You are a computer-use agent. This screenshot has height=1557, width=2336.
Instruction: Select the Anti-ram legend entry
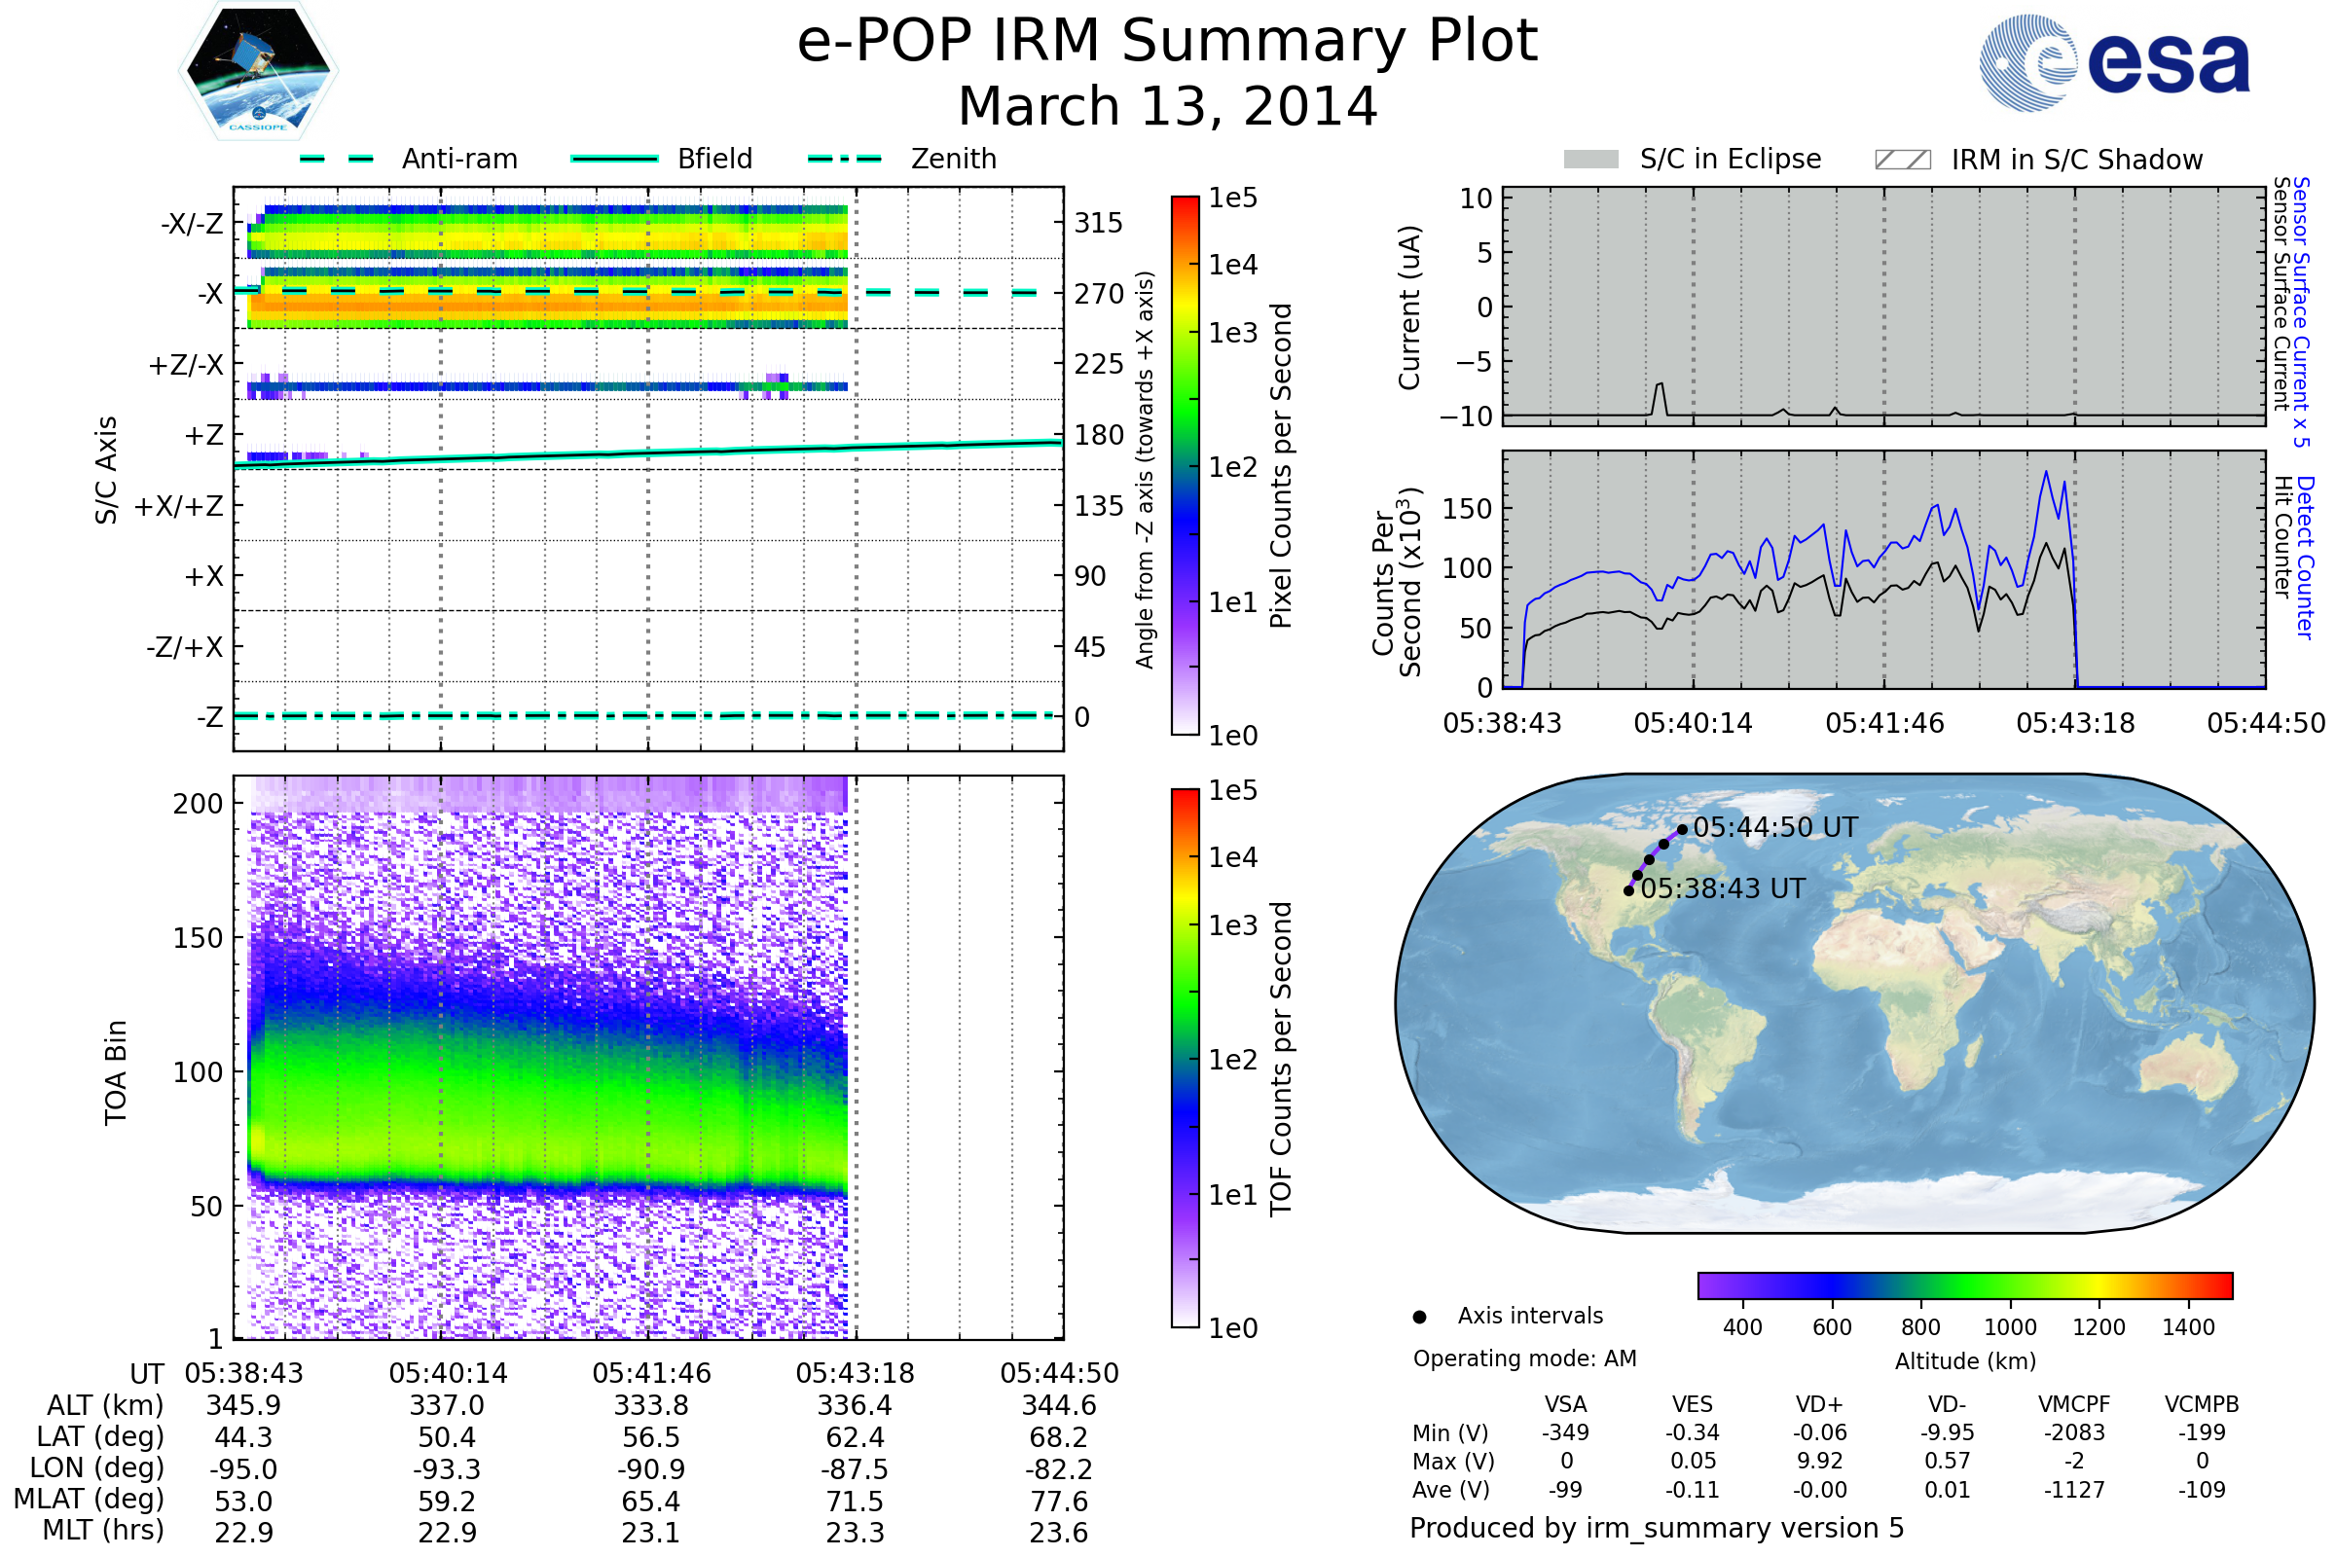point(458,159)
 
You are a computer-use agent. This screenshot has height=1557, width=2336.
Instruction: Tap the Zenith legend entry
point(953,159)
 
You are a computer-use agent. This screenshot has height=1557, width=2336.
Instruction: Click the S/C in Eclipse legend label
point(1730,160)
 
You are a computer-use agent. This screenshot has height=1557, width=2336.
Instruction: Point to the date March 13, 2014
point(1167,106)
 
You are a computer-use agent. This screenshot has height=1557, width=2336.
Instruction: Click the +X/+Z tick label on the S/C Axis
point(179,506)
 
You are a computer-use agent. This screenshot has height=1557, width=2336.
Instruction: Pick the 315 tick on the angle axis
point(1098,223)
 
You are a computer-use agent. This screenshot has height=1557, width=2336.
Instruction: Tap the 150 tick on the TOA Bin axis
point(198,938)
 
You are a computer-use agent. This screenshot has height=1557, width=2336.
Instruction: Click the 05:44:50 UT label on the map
point(1774,827)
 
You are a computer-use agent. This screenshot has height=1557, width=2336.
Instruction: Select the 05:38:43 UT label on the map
point(1722,888)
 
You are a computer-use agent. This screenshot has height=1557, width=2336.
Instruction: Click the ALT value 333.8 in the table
point(650,1406)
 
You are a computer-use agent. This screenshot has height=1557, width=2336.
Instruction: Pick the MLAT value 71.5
point(855,1502)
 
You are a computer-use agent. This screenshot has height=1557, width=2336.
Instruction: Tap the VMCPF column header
point(2074,1405)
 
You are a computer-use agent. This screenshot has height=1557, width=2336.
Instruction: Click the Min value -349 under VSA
point(1565,1432)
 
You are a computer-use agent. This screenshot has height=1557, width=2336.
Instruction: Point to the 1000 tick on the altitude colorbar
point(2009,1327)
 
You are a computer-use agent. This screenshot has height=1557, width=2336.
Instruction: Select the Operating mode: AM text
point(1524,1358)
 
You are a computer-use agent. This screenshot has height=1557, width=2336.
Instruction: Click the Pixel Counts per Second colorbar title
point(1281,466)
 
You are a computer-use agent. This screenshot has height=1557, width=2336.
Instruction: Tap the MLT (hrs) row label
point(102,1530)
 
